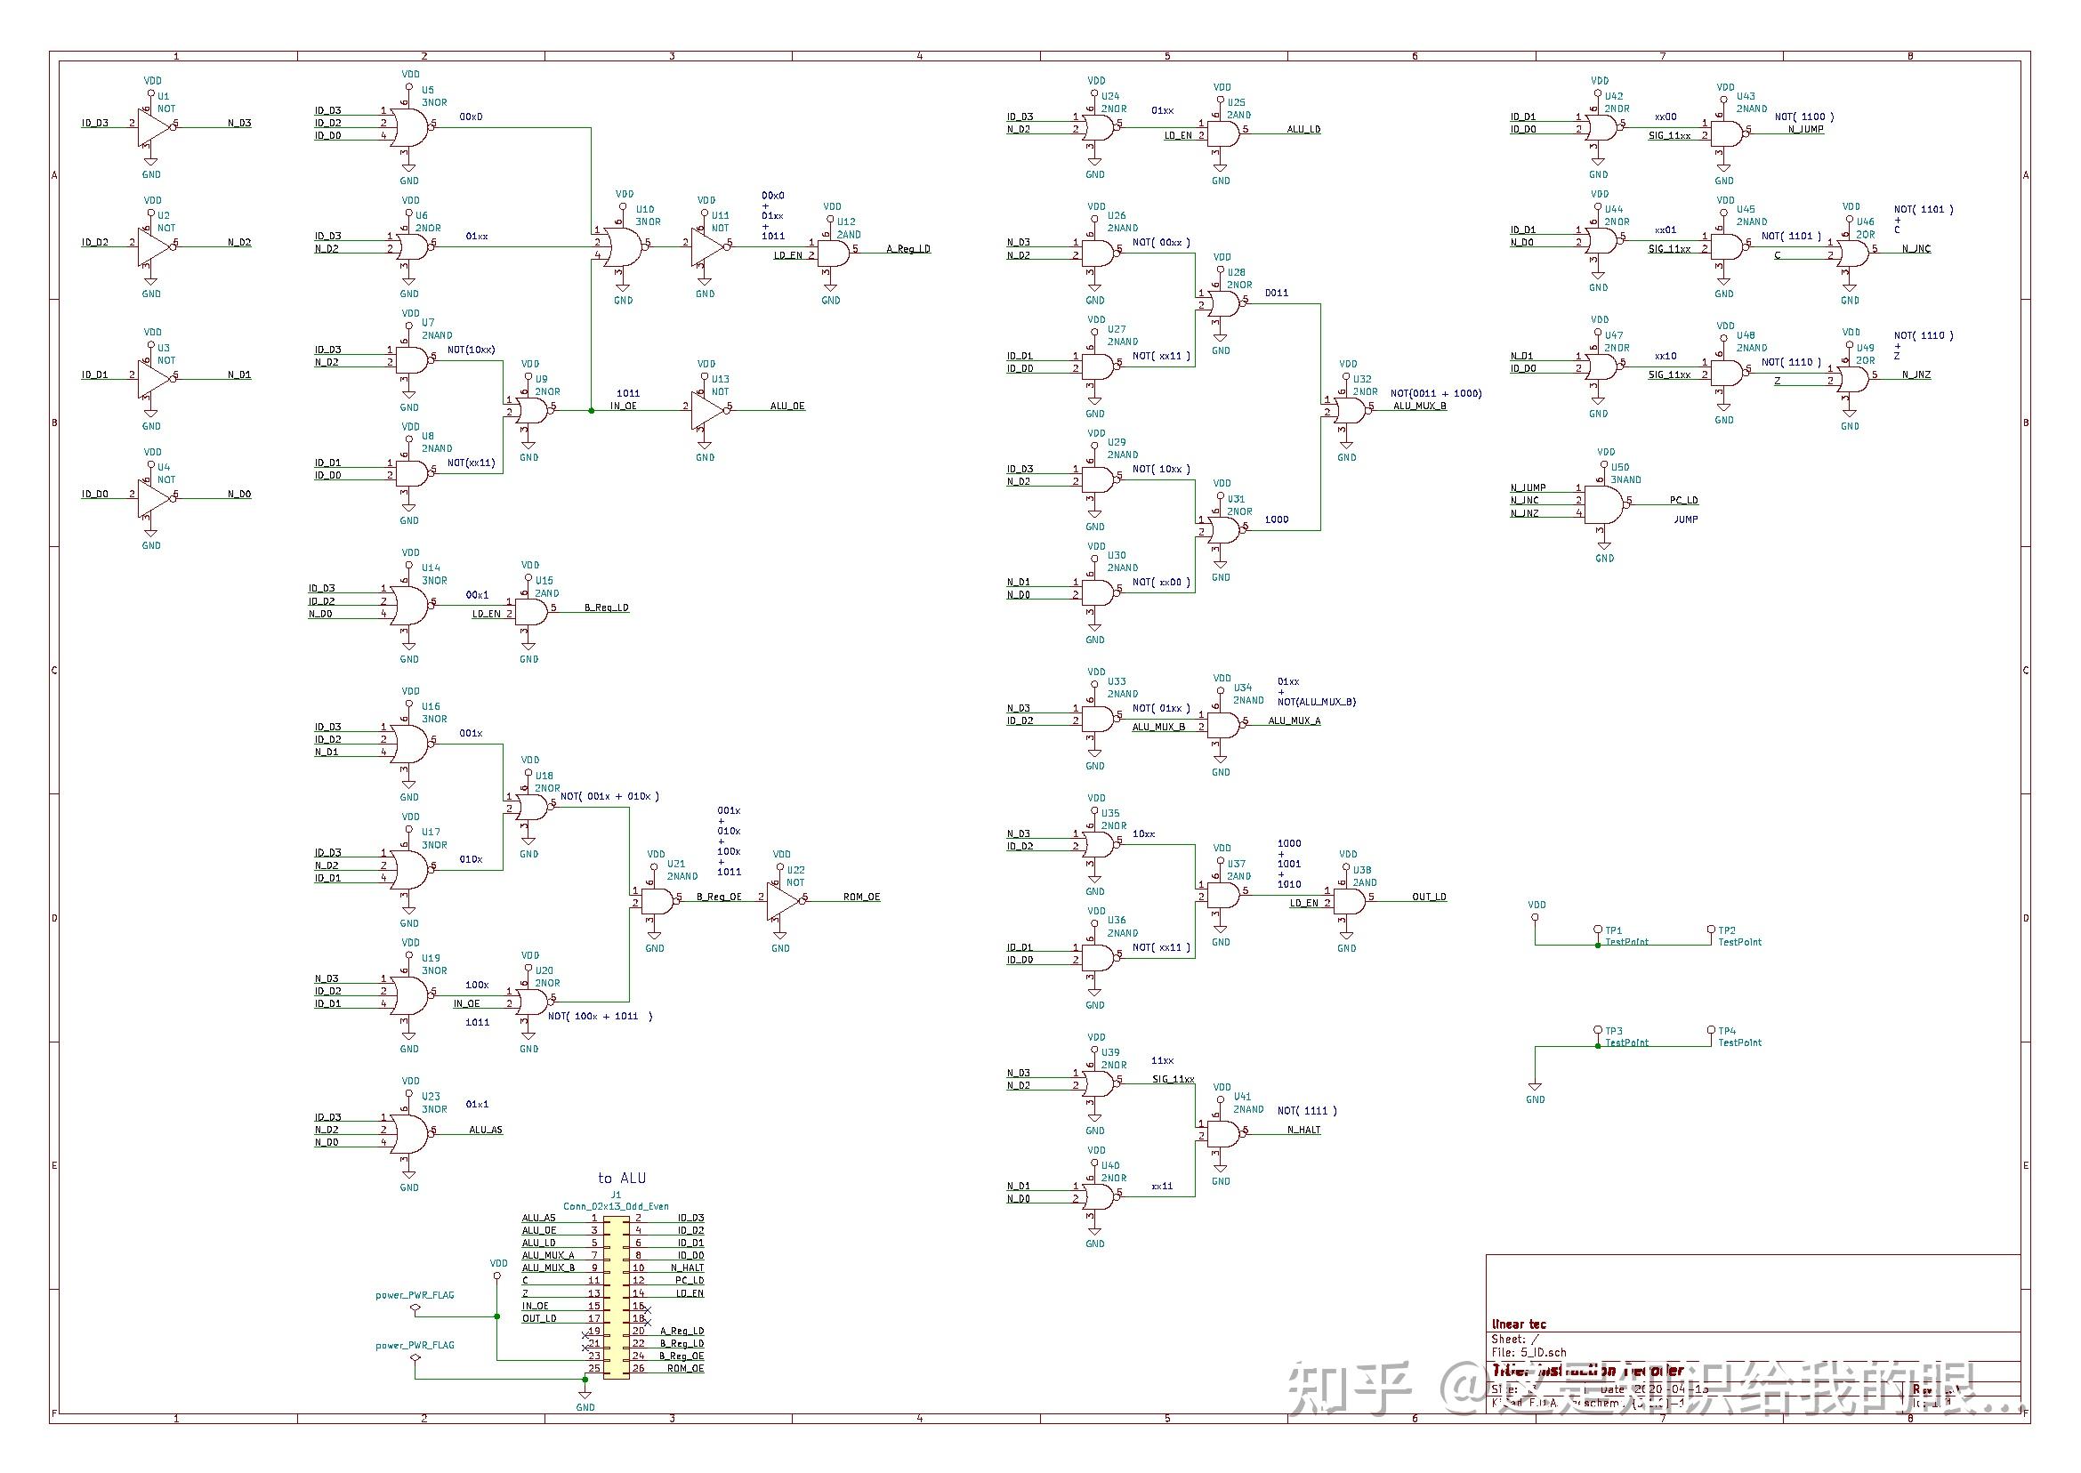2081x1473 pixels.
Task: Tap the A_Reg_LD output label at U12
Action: [x=907, y=249]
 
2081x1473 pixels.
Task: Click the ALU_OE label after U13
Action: [x=786, y=406]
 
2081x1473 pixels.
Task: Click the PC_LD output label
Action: [x=1682, y=501]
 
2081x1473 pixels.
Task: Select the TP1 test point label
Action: [x=1613, y=930]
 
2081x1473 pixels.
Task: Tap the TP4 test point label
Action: [x=1726, y=1031]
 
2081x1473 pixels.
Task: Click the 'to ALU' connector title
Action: [x=621, y=1179]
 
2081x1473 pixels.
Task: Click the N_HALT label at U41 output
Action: [x=1303, y=1131]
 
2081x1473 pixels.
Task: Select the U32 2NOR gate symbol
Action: [x=1349, y=411]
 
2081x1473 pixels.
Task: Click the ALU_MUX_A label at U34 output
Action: [x=1294, y=721]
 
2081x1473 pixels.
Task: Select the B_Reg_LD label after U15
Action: [x=606, y=608]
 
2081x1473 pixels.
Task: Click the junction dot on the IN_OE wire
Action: [x=592, y=411]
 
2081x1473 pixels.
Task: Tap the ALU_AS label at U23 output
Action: [x=485, y=1131]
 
